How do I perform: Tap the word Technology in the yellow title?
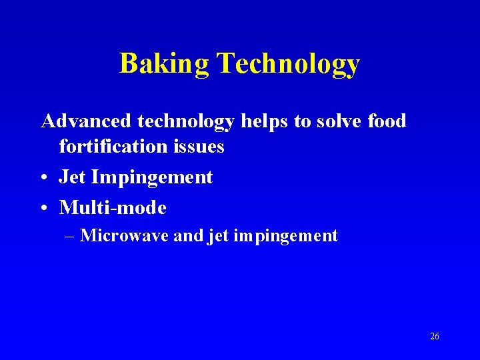[288, 63]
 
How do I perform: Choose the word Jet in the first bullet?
[73, 177]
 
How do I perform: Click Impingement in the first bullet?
[152, 177]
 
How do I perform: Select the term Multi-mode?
[113, 208]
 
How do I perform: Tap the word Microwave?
[124, 235]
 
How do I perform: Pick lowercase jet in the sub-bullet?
[219, 236]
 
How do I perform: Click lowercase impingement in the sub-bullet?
[286, 236]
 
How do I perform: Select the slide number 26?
[435, 337]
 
